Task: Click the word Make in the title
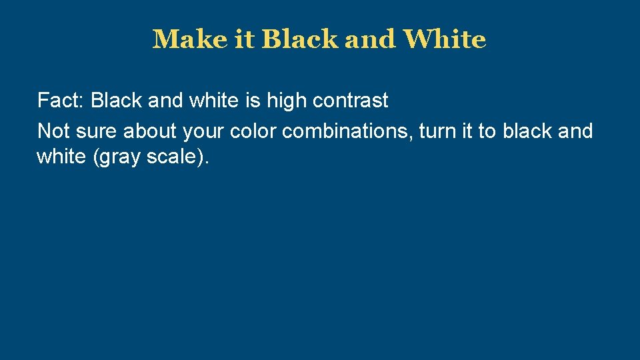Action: coord(189,39)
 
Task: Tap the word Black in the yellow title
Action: coord(300,39)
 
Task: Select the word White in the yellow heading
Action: coord(444,39)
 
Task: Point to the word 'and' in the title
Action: coord(369,39)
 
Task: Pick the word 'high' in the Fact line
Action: coord(287,101)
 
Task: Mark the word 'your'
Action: coord(203,131)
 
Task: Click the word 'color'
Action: coord(253,131)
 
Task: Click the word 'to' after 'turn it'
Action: coord(487,131)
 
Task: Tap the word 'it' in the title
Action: coord(244,39)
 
